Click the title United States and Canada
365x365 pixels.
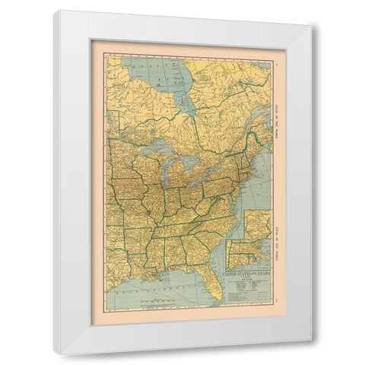[246, 271]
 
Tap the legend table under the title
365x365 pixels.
[245, 285]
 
